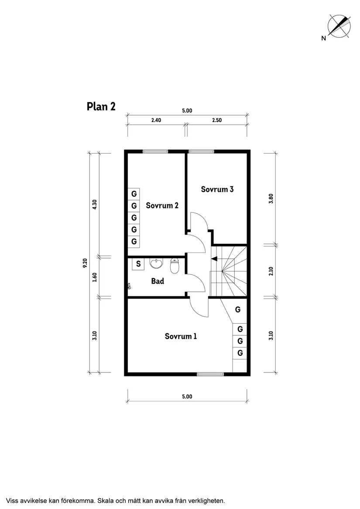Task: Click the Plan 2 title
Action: (101, 106)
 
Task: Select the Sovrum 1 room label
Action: (181, 336)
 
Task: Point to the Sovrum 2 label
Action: (162, 205)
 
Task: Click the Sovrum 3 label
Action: (217, 189)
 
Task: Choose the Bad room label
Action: (158, 281)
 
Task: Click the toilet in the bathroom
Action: (175, 266)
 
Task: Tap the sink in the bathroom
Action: (156, 263)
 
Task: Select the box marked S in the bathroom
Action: (138, 263)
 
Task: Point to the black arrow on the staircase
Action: (214, 259)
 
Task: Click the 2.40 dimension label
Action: (156, 120)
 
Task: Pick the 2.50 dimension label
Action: (216, 120)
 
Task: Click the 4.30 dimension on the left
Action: (95, 204)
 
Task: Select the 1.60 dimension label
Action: (95, 277)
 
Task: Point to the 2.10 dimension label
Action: (271, 271)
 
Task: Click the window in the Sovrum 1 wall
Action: (210, 373)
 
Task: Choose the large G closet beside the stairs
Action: (238, 310)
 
